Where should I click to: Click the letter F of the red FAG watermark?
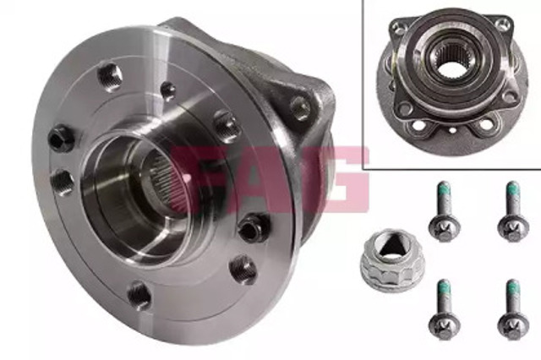[x=194, y=179]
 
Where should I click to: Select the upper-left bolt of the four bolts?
[x=444, y=211]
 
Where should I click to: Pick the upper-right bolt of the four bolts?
[x=513, y=211]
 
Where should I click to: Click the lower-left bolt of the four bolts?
[x=444, y=309]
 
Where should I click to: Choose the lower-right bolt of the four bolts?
[x=513, y=309]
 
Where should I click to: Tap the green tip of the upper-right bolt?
[x=513, y=189]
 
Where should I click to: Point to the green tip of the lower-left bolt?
[x=444, y=286]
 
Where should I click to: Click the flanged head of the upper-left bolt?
[x=445, y=228]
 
